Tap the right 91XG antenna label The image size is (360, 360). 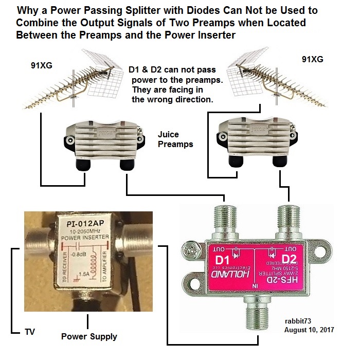pos(312,59)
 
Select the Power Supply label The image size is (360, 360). pos(89,337)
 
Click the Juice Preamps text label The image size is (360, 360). pos(175,139)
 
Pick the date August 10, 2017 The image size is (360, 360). pos(309,330)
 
